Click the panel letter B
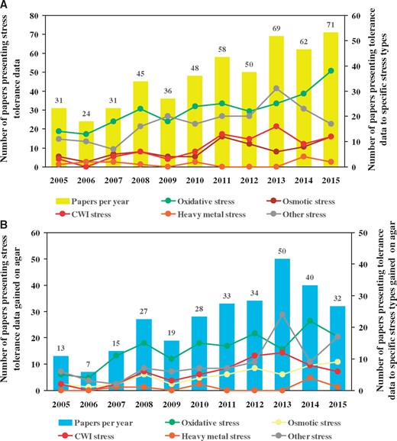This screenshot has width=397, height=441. coord(6,226)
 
